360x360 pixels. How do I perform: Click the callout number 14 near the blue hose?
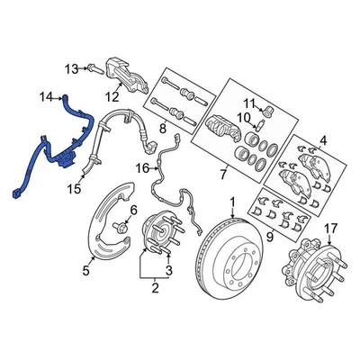(x=45, y=93)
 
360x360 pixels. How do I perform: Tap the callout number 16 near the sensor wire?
(x=143, y=167)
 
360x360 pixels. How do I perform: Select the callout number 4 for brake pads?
(x=324, y=139)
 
